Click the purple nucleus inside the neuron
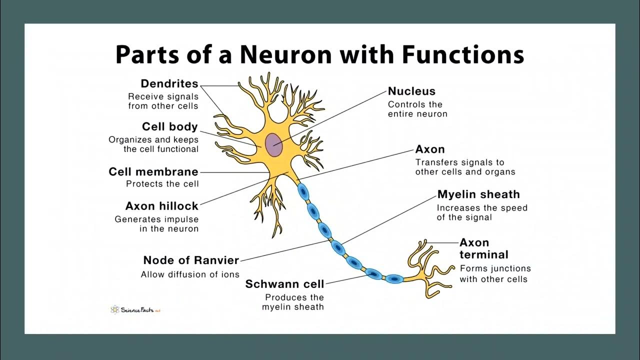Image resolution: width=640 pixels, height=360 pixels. [x=273, y=144]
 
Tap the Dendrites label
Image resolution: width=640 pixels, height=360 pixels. [x=169, y=84]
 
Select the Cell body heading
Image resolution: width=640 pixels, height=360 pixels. [x=170, y=127]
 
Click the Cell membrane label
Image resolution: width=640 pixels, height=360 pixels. [x=153, y=172]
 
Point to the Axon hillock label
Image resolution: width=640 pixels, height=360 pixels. [x=162, y=206]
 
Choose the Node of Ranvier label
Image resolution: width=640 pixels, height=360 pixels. [x=191, y=260]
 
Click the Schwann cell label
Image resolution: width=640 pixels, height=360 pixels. [x=284, y=284]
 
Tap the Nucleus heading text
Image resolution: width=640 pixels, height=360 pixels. [x=411, y=91]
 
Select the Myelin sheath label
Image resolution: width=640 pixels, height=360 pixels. [x=478, y=194]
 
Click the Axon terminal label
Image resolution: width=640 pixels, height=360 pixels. [x=483, y=248]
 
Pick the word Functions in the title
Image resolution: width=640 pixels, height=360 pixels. [x=462, y=54]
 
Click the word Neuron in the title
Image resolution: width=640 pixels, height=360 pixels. [x=292, y=54]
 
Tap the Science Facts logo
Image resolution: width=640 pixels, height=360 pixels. [x=135, y=310]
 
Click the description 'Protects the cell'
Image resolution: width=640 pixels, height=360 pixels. [x=162, y=184]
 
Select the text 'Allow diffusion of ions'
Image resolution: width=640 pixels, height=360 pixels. [x=190, y=274]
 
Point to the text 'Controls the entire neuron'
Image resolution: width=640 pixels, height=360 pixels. [x=417, y=109]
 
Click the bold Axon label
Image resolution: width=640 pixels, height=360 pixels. [x=430, y=149]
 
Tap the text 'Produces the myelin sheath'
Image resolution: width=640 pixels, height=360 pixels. [x=293, y=302]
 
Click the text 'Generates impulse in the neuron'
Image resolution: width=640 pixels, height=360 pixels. [x=157, y=224]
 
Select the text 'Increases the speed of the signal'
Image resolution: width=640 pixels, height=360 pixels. [x=482, y=212]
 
